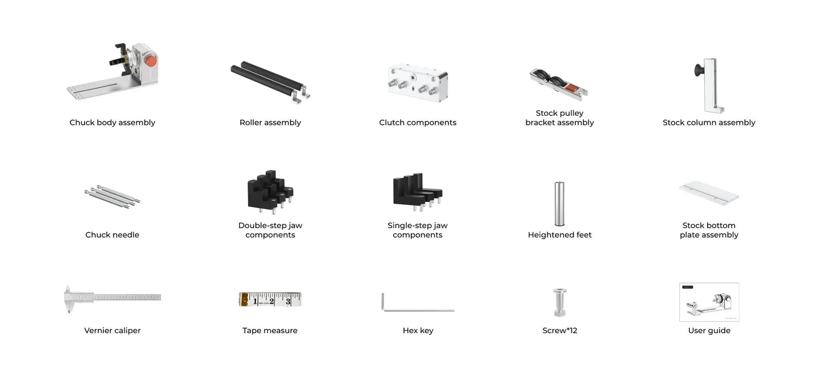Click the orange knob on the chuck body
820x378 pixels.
click(150, 60)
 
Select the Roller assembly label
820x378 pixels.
click(270, 123)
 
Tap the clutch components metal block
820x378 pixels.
click(418, 82)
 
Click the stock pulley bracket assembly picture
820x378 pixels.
click(559, 85)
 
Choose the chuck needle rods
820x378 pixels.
click(112, 196)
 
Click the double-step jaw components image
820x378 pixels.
click(270, 191)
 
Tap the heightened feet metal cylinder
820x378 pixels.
click(560, 203)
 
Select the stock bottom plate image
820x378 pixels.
click(709, 194)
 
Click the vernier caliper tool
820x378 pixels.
click(112, 297)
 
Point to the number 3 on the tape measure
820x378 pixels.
click(288, 301)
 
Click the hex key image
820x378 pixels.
click(418, 309)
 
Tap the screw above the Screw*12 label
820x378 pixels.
click(560, 302)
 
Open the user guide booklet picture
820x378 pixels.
click(709, 302)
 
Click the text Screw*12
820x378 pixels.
click(560, 331)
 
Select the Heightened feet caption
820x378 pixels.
click(560, 235)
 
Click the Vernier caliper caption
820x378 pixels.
click(112, 331)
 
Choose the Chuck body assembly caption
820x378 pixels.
click(112, 123)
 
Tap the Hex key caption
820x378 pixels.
click(418, 331)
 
